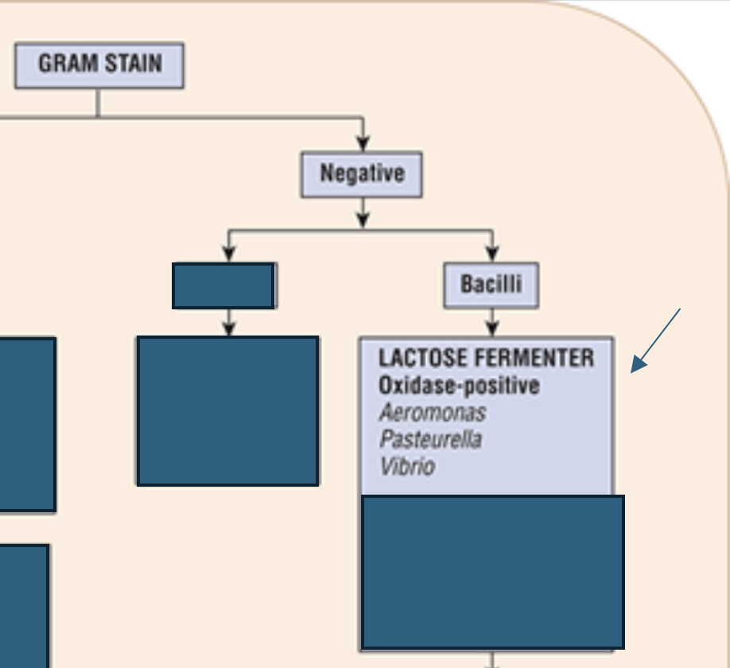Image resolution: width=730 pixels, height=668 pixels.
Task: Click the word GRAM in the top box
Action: [68, 64]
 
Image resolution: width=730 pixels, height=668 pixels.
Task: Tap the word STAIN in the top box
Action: [134, 64]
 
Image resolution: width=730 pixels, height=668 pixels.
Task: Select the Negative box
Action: [362, 175]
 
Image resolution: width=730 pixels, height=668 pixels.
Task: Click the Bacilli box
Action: [491, 285]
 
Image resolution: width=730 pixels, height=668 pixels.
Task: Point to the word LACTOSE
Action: [422, 358]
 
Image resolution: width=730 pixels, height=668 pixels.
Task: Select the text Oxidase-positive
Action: [459, 386]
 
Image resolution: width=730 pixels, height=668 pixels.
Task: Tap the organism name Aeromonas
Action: [433, 413]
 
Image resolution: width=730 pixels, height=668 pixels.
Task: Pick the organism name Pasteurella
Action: [431, 439]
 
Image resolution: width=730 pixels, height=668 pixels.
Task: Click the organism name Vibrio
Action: [407, 466]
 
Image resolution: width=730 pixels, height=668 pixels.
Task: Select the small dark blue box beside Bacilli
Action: [223, 285]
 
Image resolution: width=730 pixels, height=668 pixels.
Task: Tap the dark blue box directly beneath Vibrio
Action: [492, 572]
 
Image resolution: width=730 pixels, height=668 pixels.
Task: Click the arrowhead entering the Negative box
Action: [363, 143]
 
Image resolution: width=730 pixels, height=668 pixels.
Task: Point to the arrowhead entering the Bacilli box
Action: [492, 254]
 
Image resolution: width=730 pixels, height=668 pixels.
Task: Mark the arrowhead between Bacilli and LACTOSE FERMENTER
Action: [492, 328]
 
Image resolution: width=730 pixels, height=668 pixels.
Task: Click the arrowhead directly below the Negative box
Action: [363, 219]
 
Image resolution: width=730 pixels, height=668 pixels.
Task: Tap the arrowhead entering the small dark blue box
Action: [228, 254]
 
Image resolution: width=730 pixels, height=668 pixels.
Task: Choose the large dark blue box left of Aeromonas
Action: [227, 411]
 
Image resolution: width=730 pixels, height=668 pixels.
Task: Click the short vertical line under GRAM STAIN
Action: [98, 103]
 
